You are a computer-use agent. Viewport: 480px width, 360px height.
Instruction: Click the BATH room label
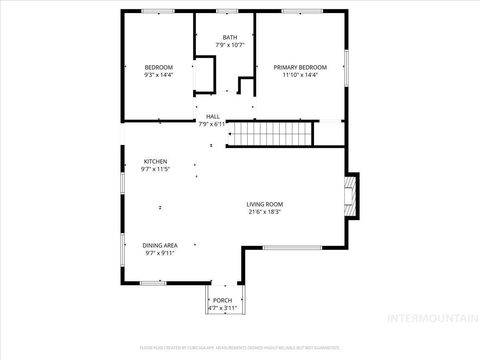[x=230, y=38]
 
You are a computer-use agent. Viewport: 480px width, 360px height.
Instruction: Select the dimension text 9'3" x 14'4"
[x=159, y=75]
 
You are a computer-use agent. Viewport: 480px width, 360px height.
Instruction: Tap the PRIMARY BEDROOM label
[x=300, y=67]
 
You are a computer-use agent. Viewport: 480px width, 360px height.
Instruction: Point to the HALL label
[x=213, y=116]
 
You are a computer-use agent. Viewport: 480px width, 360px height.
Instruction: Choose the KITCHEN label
[x=156, y=161]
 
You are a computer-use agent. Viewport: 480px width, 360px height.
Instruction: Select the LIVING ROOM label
[x=264, y=204]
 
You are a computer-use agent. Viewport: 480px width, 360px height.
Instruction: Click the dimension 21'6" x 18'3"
[x=264, y=212]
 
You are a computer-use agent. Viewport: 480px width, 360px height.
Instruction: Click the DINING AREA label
[x=160, y=246]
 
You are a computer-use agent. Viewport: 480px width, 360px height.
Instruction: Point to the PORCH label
[x=222, y=300]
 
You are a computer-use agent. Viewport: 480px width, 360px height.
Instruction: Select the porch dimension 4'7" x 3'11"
[x=222, y=308]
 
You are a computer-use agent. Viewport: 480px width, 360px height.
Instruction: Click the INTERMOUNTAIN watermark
[x=433, y=318]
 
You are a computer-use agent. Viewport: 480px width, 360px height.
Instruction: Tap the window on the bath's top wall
[x=227, y=11]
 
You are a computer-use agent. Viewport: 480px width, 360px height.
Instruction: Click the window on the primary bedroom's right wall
[x=346, y=68]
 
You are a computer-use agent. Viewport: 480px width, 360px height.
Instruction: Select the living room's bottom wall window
[x=292, y=248]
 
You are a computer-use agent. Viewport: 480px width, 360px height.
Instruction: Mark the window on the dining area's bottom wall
[x=153, y=283]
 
